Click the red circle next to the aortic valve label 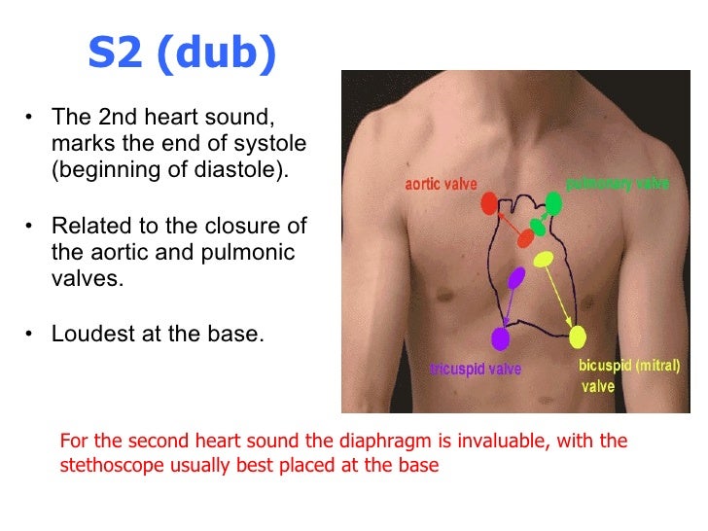[489, 203]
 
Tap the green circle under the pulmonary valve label [553, 203]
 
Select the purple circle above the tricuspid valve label [500, 338]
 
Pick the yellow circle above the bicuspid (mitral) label [578, 337]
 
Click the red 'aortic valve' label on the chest [440, 184]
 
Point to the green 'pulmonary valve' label [618, 183]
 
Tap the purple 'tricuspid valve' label [476, 370]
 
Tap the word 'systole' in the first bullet [272, 144]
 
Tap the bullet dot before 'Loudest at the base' [30, 334]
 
